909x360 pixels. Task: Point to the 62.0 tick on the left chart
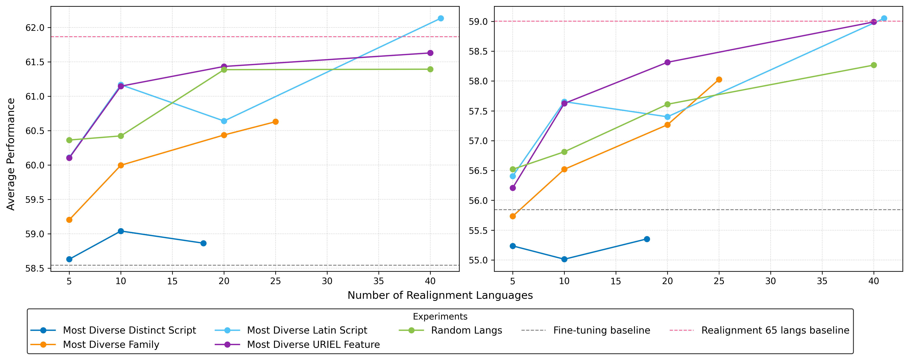click(35, 28)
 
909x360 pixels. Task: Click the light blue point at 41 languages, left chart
click(440, 18)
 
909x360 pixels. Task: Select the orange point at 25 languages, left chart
click(276, 122)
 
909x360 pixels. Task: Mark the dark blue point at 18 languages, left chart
click(203, 243)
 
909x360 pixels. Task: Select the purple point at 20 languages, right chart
click(667, 62)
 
